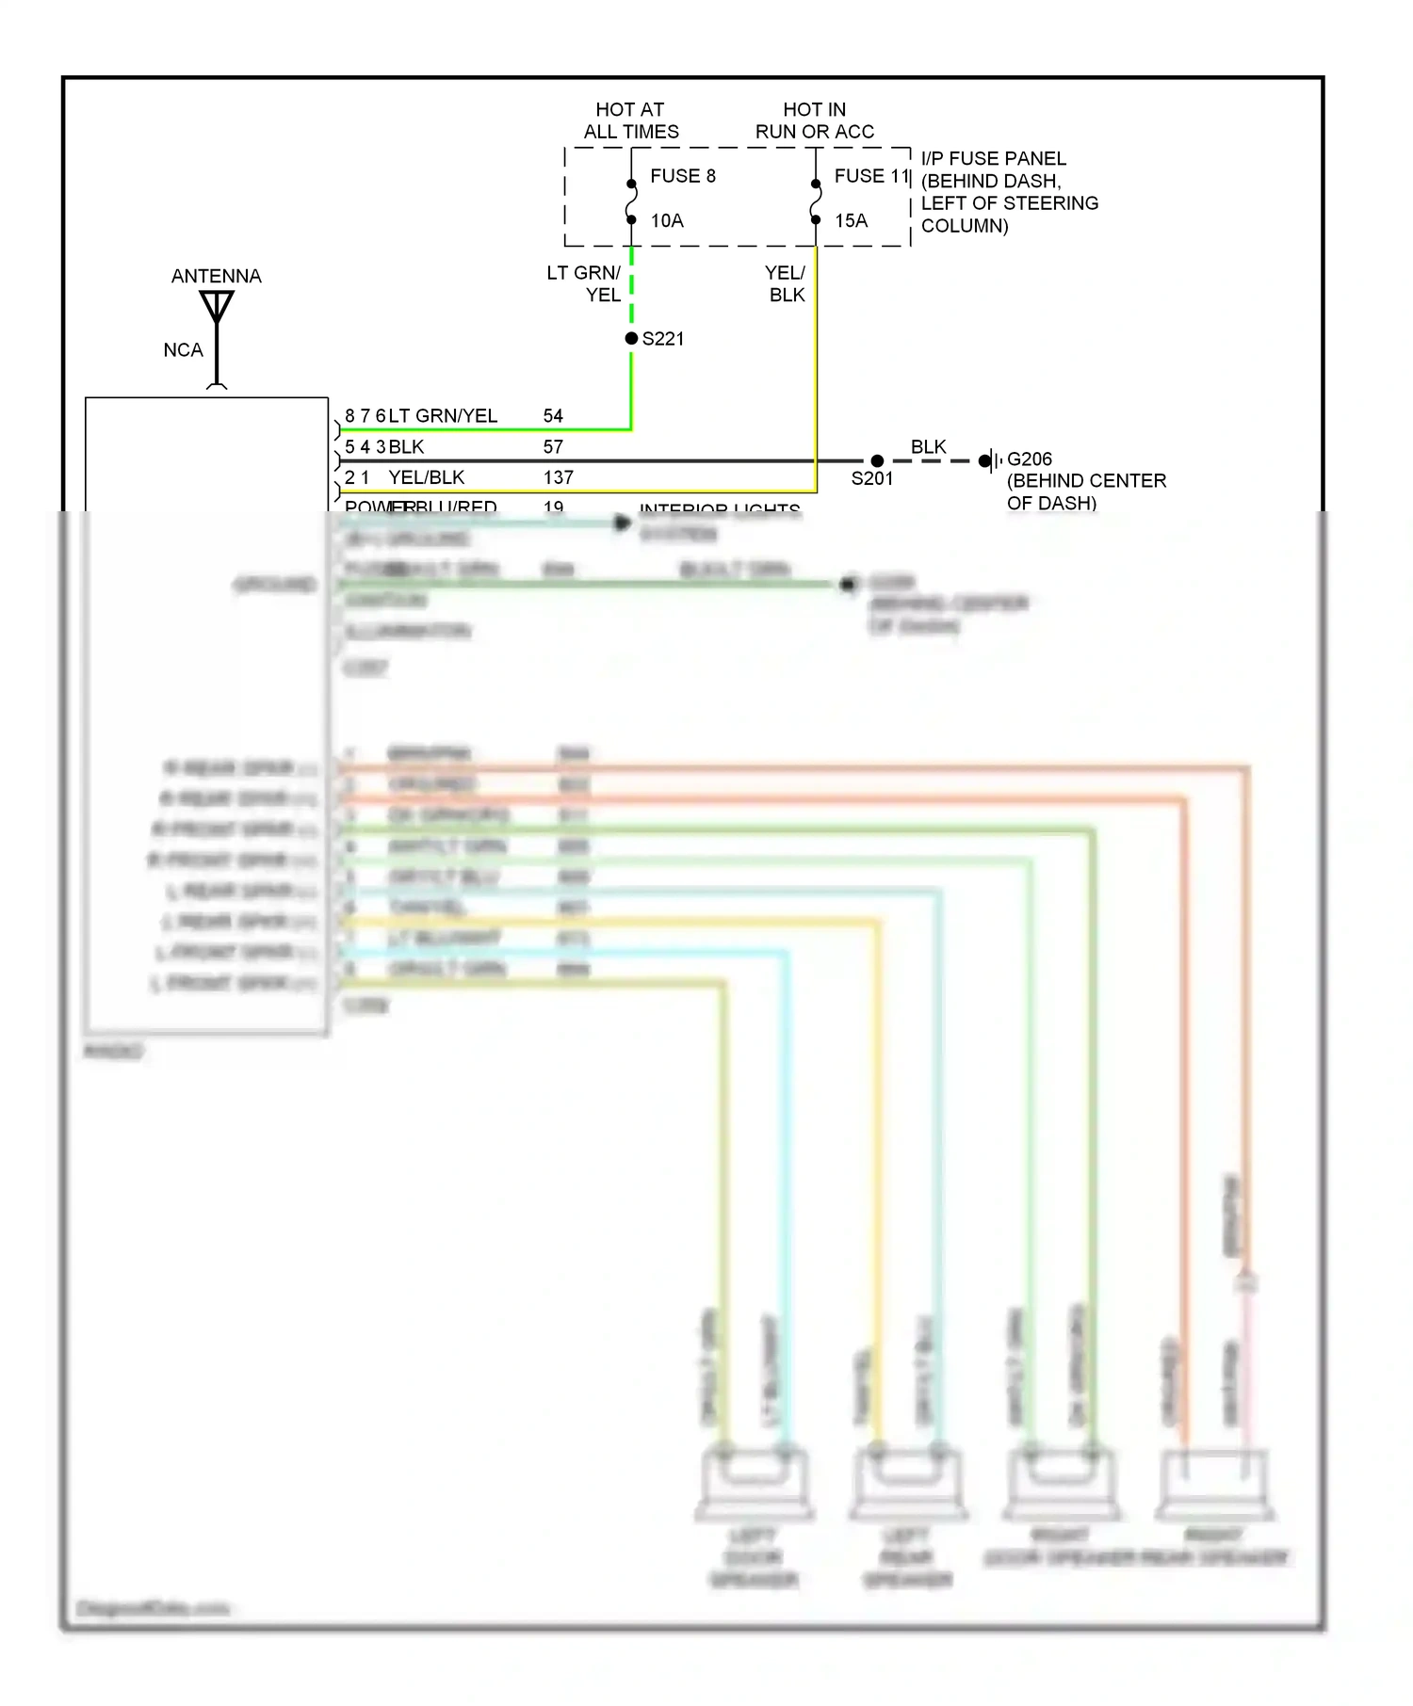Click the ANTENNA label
point(216,276)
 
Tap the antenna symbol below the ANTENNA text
point(217,307)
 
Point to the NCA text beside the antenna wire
point(183,350)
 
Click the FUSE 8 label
point(683,176)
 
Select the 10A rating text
point(667,220)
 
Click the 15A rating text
point(851,220)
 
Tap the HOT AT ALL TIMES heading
point(630,121)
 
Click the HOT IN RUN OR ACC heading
point(814,121)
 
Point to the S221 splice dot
point(631,338)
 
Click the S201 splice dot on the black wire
point(877,460)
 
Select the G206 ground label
point(1029,459)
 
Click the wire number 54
point(553,416)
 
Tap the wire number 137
point(558,477)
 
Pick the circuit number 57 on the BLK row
point(553,446)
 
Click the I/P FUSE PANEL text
point(994,158)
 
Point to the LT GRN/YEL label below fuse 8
point(585,283)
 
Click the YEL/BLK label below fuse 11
point(785,283)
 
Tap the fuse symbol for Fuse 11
point(816,201)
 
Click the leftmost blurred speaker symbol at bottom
point(754,1482)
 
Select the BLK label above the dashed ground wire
point(928,446)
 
